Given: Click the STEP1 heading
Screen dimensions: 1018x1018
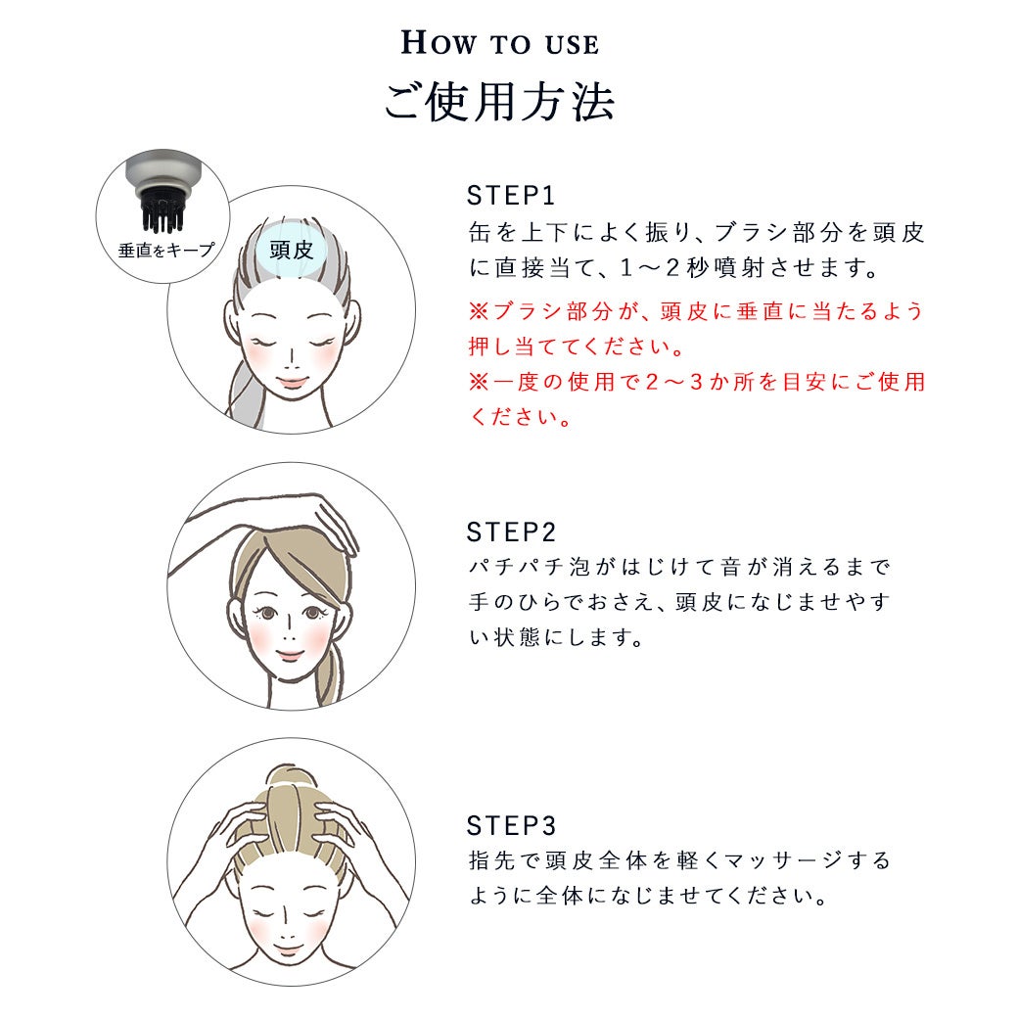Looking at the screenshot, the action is tap(511, 196).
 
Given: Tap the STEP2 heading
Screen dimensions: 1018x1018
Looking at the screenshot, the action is tap(511, 532).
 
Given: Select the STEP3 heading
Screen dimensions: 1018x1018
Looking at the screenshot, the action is tap(511, 826).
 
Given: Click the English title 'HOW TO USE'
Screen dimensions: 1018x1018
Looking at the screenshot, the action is tap(500, 43).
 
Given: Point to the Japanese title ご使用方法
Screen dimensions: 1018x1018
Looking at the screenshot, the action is tap(499, 103).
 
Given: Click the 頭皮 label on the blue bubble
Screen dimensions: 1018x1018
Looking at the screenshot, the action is tap(292, 250).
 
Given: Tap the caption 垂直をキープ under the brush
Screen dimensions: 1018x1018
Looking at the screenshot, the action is tap(165, 250).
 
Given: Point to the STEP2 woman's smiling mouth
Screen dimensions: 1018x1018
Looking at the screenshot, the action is tap(290, 653).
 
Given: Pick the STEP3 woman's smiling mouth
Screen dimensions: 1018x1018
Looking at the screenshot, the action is tap(286, 949).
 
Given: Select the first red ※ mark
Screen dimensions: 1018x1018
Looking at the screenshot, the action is tap(479, 311).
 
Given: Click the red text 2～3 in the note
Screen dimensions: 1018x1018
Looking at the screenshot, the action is tap(674, 382).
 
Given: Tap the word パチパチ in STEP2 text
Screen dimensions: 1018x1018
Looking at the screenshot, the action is tap(516, 568).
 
